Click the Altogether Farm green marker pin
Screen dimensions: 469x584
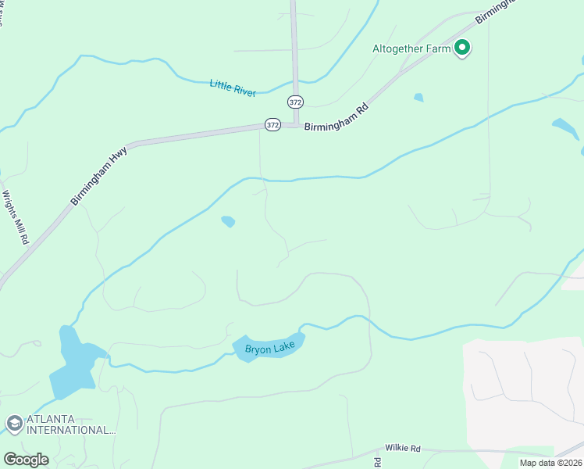[x=462, y=48]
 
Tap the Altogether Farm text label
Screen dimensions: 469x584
[x=411, y=48]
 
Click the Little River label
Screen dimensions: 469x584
[x=233, y=87]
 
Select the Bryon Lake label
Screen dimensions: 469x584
[x=270, y=349]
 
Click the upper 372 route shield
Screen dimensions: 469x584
[x=295, y=102]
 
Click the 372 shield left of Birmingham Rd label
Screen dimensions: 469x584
[x=272, y=125]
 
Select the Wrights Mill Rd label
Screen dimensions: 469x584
[x=16, y=218]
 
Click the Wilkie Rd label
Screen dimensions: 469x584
[x=403, y=449]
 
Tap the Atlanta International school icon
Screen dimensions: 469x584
[x=13, y=424]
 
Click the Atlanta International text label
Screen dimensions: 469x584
[x=70, y=424]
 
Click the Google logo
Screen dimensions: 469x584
[x=26, y=459]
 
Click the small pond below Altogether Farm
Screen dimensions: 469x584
[x=419, y=98]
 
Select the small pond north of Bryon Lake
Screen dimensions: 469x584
[x=228, y=222]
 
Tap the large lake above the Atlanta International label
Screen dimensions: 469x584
[x=74, y=361]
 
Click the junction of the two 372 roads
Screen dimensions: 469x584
[x=295, y=124]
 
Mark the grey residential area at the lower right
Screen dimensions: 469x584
[x=523, y=391]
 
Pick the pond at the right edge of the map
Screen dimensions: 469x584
[x=565, y=127]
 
